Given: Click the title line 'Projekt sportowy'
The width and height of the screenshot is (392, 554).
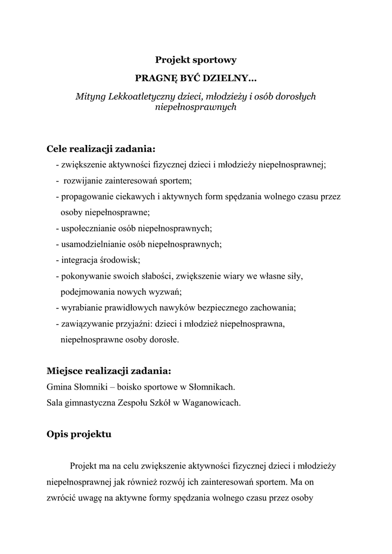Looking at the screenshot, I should (x=196, y=60).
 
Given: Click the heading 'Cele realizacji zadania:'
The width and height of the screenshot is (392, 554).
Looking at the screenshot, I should (x=101, y=149).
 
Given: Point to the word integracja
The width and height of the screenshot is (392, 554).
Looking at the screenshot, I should (x=79, y=260).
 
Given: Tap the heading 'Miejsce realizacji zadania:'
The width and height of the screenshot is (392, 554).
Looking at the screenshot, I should (x=109, y=371).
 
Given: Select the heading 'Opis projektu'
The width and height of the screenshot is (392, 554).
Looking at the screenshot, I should (x=79, y=434).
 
